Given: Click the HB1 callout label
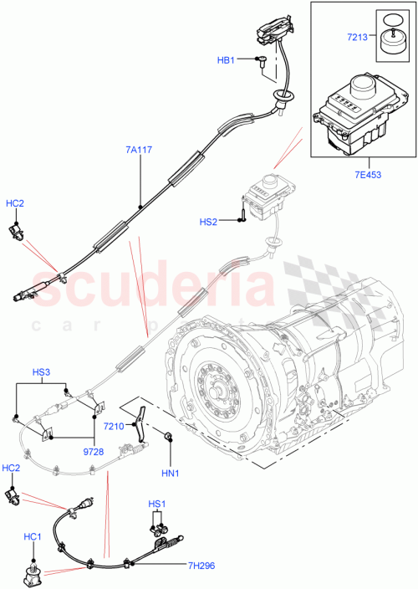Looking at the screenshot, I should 227,60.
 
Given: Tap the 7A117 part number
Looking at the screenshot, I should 140,150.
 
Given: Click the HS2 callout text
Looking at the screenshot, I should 208,222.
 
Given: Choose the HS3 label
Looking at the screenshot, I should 41,371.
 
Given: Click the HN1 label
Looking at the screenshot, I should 170,473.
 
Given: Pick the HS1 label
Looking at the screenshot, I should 157,504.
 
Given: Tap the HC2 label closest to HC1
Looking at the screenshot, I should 13,468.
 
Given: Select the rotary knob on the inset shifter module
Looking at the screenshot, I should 364,85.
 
